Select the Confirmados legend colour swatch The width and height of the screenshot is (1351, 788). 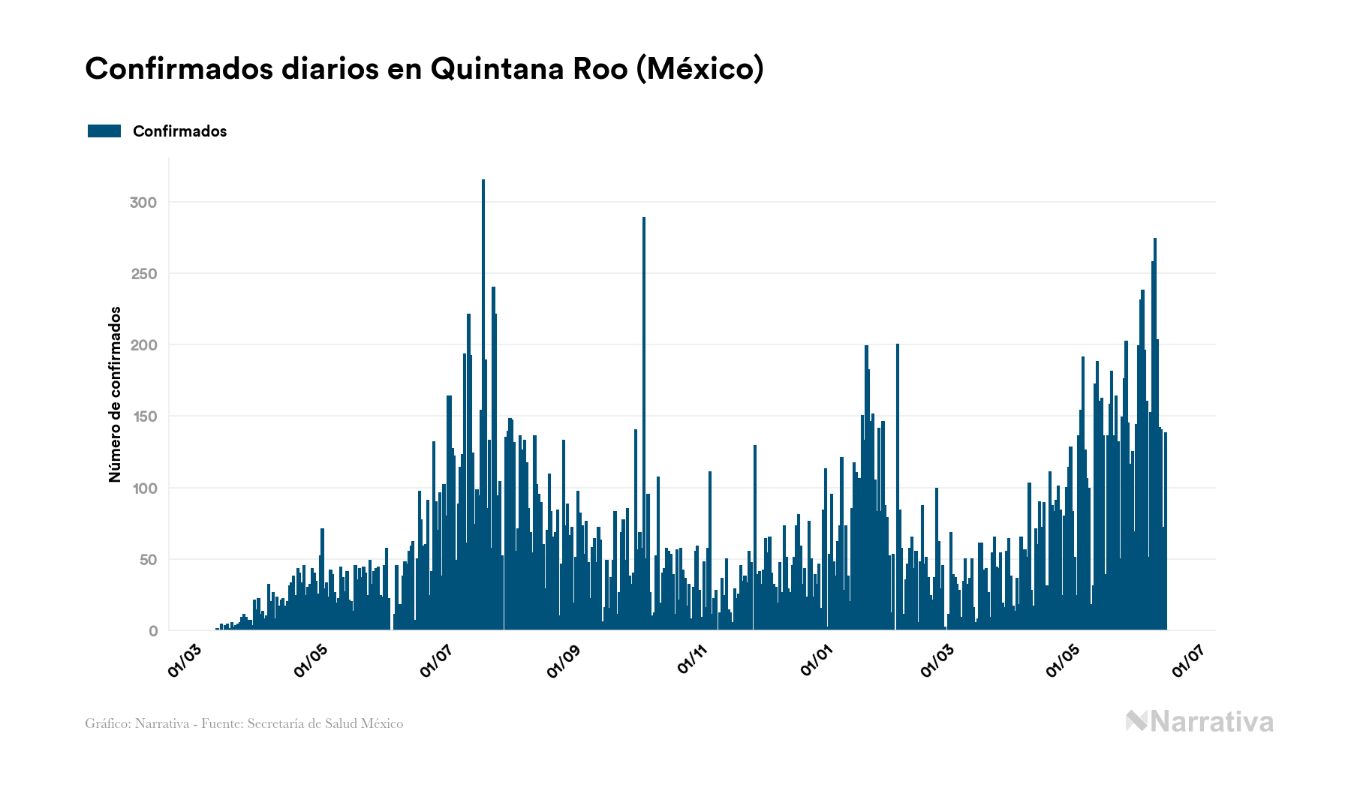104,131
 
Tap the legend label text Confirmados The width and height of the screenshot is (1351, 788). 179,131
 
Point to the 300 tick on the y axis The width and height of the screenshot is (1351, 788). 143,203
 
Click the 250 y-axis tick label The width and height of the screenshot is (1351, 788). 143,274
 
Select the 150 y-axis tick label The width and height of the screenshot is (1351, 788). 143,417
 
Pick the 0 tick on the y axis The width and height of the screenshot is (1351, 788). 153,631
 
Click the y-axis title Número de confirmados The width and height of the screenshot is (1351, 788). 115,394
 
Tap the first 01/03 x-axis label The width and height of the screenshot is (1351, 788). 184,660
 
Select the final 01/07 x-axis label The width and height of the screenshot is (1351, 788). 1188,660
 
